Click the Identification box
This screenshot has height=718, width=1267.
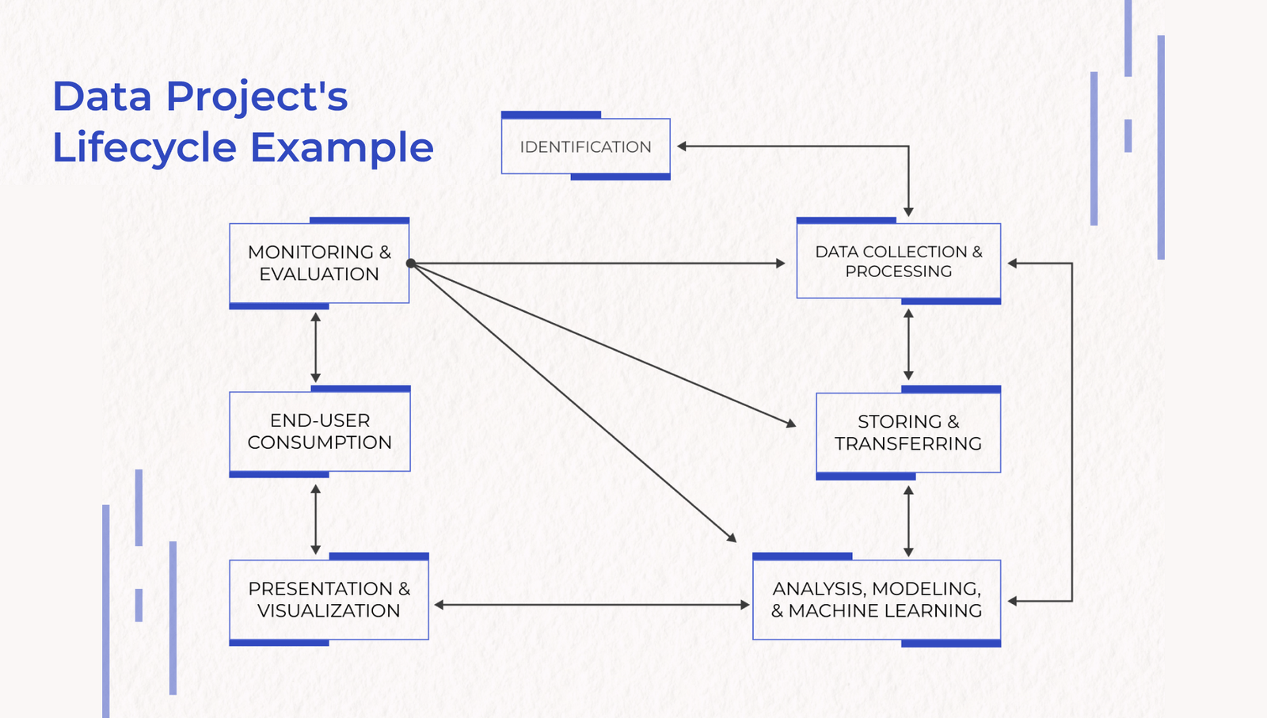click(x=585, y=146)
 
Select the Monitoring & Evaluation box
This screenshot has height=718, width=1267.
click(x=319, y=263)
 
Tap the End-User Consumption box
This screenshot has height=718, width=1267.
click(x=319, y=431)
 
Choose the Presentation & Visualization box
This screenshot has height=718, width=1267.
click(x=329, y=599)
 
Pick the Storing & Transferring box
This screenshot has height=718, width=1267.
click(x=908, y=432)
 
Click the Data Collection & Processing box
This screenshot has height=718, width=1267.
click(x=898, y=261)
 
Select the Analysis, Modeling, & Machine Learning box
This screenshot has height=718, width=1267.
click(x=876, y=599)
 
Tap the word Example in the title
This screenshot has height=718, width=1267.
click(x=342, y=148)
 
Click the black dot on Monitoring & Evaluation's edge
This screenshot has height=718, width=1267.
click(x=411, y=264)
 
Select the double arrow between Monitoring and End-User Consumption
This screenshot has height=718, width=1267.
click(x=316, y=348)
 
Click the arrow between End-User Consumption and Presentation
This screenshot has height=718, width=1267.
click(x=316, y=519)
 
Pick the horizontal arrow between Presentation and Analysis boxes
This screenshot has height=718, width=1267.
click(x=592, y=605)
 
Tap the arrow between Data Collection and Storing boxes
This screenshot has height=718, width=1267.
click(x=908, y=344)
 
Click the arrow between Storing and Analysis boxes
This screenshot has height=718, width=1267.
click(x=908, y=521)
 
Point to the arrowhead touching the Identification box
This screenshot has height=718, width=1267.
click(x=682, y=146)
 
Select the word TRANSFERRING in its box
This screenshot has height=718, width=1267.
click(x=908, y=443)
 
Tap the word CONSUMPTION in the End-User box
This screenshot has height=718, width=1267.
click(x=319, y=443)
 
